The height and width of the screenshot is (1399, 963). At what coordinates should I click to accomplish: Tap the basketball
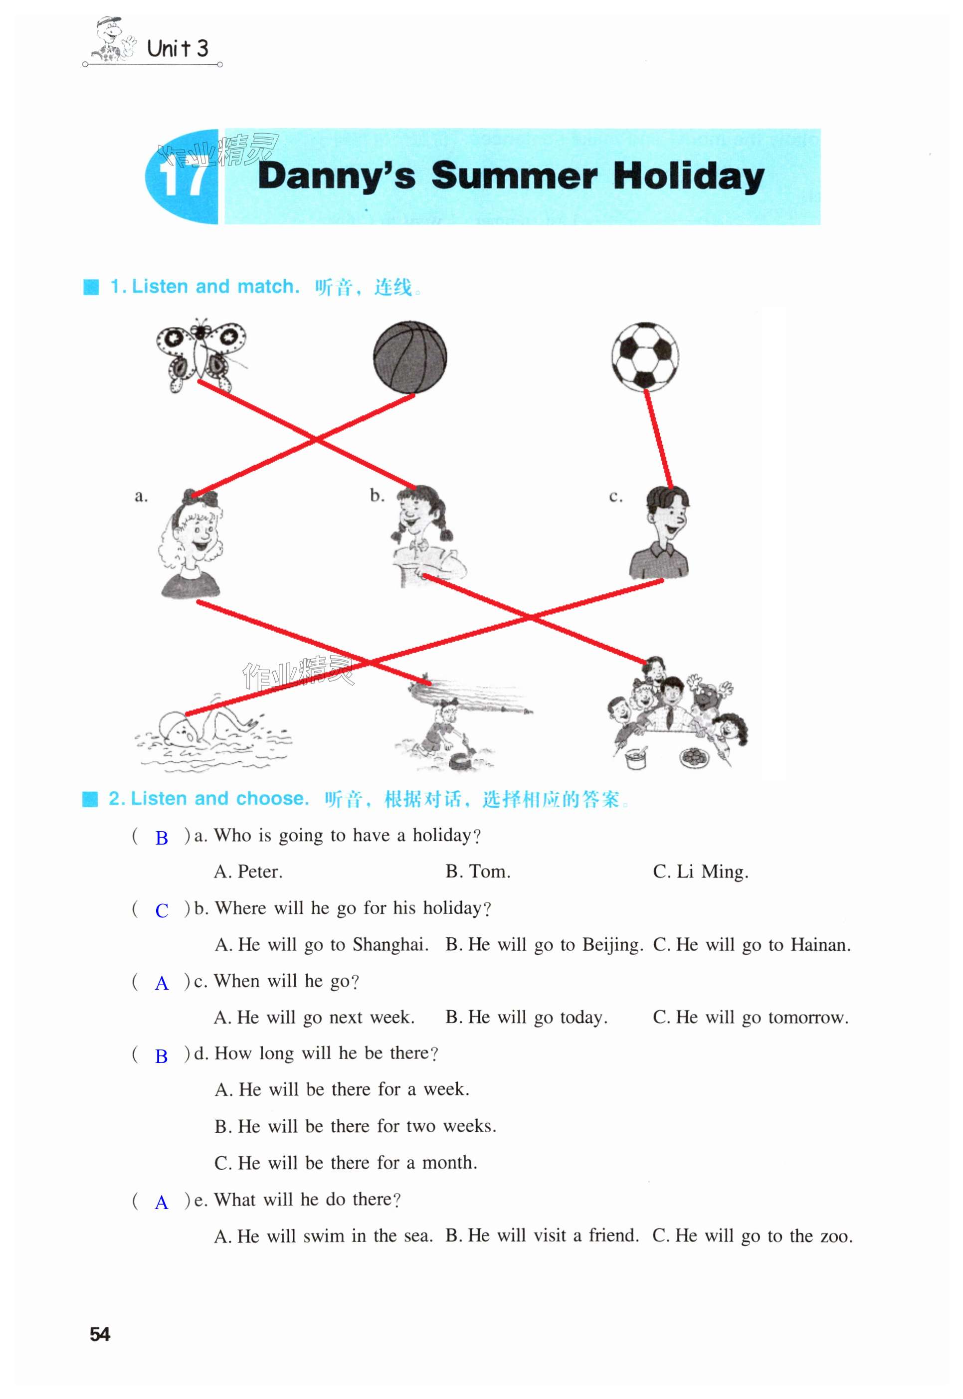coord(410,357)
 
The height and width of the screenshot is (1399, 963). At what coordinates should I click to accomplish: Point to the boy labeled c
coord(661,533)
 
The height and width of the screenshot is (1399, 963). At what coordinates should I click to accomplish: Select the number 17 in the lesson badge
coord(183,177)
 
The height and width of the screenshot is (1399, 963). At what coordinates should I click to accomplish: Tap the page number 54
coord(100,1334)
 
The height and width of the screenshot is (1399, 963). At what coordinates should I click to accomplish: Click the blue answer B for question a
coord(162,838)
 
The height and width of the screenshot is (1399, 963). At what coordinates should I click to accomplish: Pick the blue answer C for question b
coord(162,910)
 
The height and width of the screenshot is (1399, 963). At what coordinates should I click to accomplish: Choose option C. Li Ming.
coord(700,872)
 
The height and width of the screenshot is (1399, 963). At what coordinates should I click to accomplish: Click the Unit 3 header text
coord(178,48)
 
